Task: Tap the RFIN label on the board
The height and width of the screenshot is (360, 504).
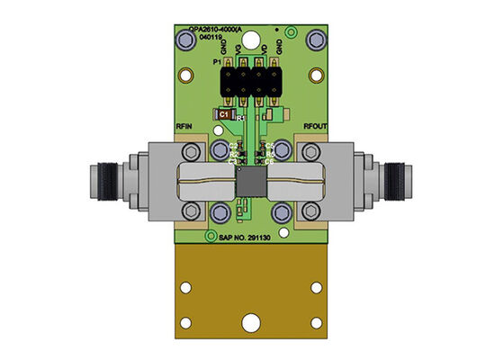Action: pyautogui.click(x=184, y=128)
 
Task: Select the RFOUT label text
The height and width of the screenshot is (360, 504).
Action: pyautogui.click(x=316, y=128)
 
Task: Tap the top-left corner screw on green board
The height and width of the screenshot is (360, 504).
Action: pyautogui.click(x=188, y=40)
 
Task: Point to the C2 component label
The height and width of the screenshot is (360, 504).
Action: pyautogui.click(x=233, y=145)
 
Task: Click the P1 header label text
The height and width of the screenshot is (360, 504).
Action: pyautogui.click(x=216, y=62)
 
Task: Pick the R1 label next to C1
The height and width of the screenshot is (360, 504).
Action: pyautogui.click(x=240, y=119)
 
